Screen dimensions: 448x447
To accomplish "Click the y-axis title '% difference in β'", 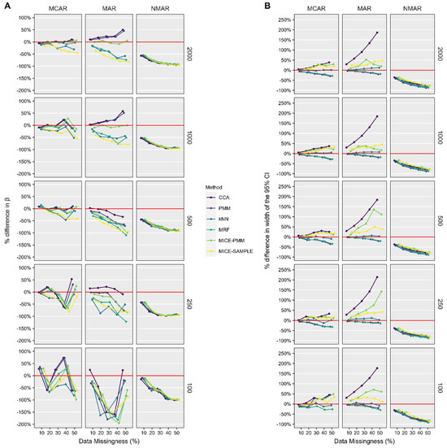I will click(x=6, y=220).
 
